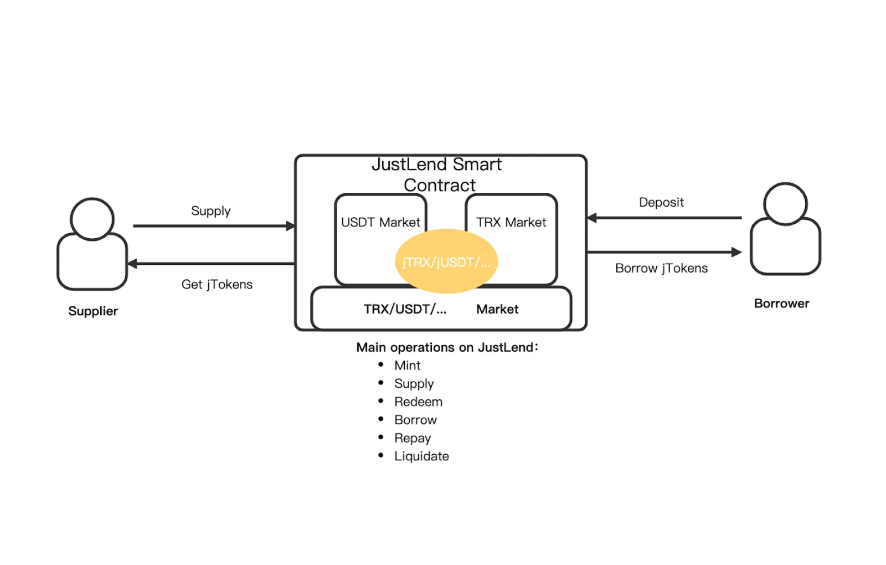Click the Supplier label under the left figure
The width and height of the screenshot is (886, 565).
(93, 311)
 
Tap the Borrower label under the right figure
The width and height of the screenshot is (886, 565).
(781, 304)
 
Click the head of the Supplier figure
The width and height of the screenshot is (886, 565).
(92, 219)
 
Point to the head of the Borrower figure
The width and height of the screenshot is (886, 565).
(785, 204)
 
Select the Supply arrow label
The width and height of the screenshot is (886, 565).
(211, 211)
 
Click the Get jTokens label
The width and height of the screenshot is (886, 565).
(217, 284)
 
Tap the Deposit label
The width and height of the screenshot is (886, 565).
(661, 202)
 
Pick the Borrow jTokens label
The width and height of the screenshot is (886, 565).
(661, 268)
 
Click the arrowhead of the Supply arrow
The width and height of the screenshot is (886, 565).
(291, 226)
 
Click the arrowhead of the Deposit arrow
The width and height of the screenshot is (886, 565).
(592, 218)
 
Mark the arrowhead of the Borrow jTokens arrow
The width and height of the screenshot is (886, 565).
(736, 252)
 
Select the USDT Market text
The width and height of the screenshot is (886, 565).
(380, 222)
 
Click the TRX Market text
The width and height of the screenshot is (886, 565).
(511, 222)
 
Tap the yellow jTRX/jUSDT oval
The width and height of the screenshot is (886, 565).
(446, 261)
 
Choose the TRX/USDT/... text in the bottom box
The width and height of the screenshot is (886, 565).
(405, 309)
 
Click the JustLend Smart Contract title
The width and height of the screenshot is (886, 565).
(437, 174)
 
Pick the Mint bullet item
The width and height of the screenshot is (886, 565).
(408, 365)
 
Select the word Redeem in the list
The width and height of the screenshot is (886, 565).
(419, 402)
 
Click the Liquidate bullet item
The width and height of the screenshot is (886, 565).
(421, 456)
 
